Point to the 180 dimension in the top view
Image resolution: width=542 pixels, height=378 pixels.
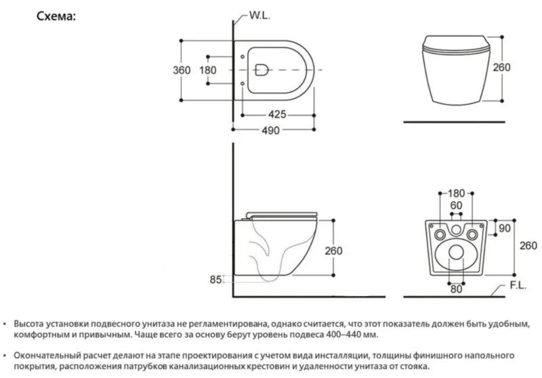208,69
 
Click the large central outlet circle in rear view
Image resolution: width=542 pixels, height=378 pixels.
456,253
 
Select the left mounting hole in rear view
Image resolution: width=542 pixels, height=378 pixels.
438,234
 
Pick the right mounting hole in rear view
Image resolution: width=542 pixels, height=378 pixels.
474,234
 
